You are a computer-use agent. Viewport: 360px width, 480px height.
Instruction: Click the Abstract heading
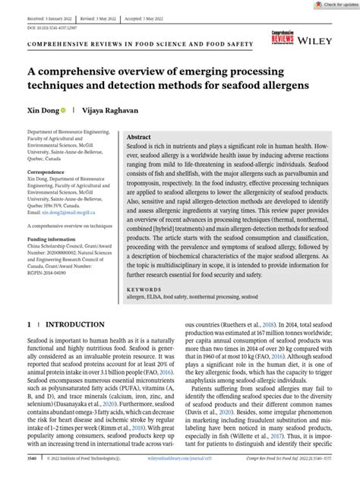pos(144,134)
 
